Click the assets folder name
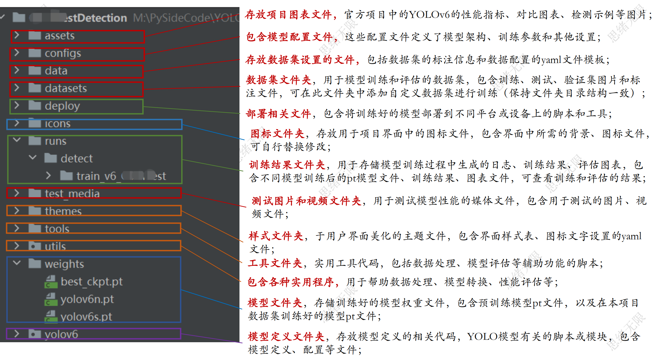pos(59,36)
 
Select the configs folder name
pos(63,53)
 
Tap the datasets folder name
pos(66,89)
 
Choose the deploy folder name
pos(62,106)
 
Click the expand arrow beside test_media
pos(17,193)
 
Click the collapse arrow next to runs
pos(17,140)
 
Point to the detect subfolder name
pos(76,159)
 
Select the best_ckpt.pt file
pos(91,281)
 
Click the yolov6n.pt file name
pos(87,299)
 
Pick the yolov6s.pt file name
pos(86,317)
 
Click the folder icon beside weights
pos(34,263)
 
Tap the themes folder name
pos(63,211)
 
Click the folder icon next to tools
pos(34,228)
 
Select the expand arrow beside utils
pos(17,246)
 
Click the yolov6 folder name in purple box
pos(61,334)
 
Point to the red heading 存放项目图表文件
pos(288,15)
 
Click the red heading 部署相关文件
pos(278,114)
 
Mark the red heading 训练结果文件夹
pos(287,165)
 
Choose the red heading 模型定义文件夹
pos(286,336)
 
